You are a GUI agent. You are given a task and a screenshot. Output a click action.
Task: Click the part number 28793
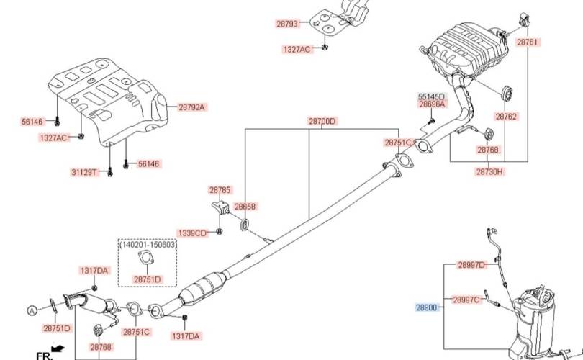pos(287,24)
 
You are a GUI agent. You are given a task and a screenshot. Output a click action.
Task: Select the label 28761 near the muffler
pos(528,42)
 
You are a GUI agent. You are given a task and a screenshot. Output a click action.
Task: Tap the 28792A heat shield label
pos(191,107)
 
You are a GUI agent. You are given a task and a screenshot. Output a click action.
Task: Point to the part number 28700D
pos(322,121)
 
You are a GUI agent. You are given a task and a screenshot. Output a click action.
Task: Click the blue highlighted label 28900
pos(427,307)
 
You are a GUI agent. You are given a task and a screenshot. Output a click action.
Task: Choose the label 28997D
pos(471,265)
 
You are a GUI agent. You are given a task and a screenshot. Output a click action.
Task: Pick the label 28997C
pos(466,300)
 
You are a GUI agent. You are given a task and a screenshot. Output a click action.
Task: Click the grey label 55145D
pos(431,96)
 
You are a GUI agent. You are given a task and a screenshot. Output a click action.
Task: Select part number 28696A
pos(432,104)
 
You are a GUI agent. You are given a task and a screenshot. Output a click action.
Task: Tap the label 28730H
pos(489,171)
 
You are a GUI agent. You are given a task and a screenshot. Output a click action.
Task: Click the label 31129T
pos(84,172)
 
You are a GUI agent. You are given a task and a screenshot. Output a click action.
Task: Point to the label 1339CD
pos(192,233)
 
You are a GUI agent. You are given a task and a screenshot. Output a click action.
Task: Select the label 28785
pos(220,189)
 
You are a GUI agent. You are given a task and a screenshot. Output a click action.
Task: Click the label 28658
pos(245,206)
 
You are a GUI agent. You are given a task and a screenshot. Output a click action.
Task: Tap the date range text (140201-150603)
pos(148,244)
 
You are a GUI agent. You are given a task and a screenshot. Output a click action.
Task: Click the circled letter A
pos(32,310)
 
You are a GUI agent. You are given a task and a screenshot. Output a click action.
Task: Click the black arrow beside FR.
pos(58,348)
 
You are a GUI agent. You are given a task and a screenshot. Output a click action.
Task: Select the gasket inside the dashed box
pos(145,258)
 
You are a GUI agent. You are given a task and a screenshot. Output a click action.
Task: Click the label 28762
pos(506,117)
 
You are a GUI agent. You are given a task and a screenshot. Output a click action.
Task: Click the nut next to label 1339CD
pos(220,231)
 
